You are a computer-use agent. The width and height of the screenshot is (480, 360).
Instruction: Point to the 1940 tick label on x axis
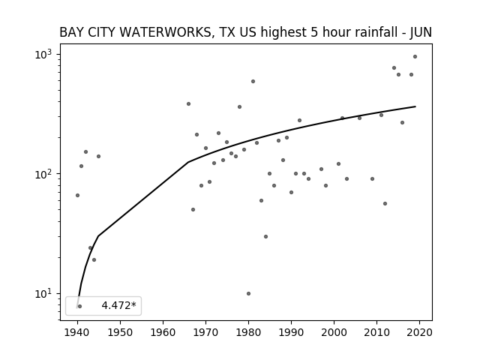(77, 333)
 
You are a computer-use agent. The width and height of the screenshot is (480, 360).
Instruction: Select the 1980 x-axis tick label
(248, 333)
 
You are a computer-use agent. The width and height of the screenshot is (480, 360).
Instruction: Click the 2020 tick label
(420, 333)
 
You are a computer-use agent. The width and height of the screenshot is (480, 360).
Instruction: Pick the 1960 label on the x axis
(163, 333)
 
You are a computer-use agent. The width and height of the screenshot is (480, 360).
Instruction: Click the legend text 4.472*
(118, 305)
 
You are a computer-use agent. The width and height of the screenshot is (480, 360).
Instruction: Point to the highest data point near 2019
(415, 57)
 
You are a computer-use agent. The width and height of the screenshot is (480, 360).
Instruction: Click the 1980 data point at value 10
(248, 293)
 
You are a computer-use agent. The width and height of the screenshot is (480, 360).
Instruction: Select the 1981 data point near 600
(253, 82)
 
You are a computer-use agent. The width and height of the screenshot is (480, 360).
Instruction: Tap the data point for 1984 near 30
(265, 237)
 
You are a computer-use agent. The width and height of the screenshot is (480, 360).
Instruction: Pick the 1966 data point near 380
(188, 104)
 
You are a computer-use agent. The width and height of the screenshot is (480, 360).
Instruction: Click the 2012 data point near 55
(385, 203)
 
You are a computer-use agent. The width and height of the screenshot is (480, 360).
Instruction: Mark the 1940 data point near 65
(77, 195)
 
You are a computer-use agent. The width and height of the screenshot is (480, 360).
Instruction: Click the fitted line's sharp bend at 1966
(188, 162)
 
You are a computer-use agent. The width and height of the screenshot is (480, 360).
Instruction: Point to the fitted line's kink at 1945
(98, 236)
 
